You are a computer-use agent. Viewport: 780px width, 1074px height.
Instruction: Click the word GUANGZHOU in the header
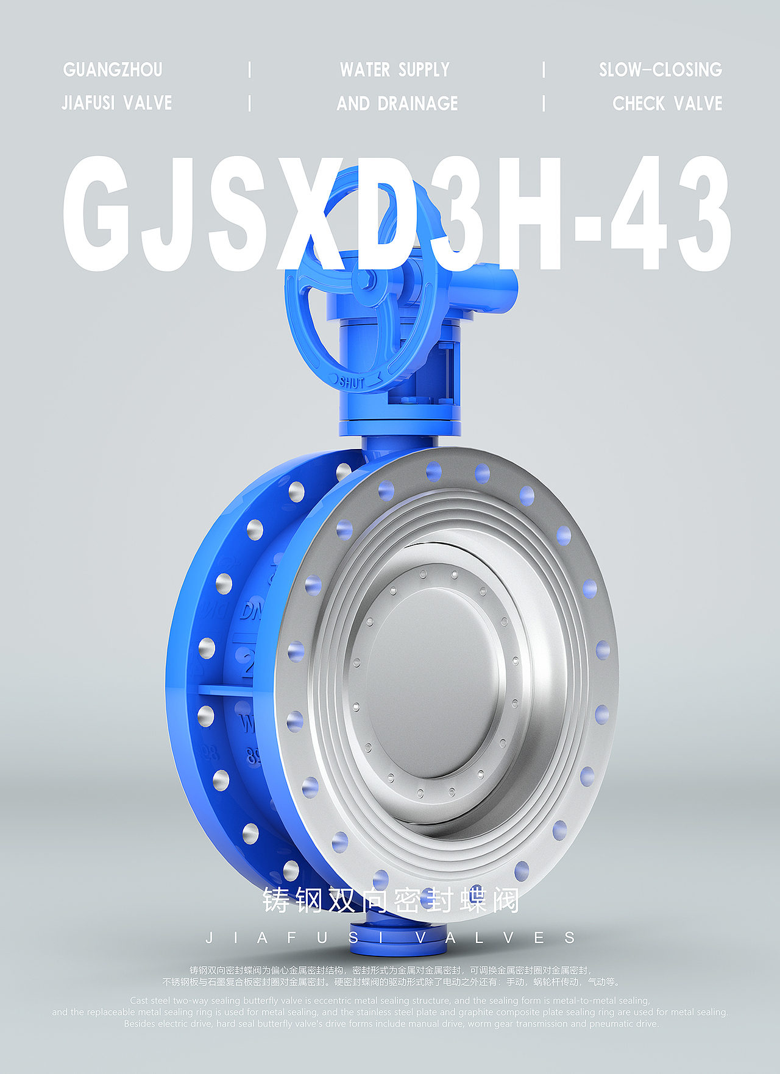(113, 70)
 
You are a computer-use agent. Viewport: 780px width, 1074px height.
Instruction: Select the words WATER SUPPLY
(395, 70)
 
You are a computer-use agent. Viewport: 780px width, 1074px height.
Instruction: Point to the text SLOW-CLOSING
(660, 70)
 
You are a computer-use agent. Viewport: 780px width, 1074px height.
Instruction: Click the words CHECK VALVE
(667, 104)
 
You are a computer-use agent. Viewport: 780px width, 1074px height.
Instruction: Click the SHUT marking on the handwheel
(352, 383)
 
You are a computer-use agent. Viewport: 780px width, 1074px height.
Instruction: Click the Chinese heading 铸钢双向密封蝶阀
(391, 901)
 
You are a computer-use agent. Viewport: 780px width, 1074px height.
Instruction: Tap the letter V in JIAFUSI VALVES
(420, 938)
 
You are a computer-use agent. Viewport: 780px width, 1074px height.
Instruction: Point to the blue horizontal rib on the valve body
(225, 690)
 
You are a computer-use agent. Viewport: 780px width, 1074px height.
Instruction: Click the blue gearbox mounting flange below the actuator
(399, 426)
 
